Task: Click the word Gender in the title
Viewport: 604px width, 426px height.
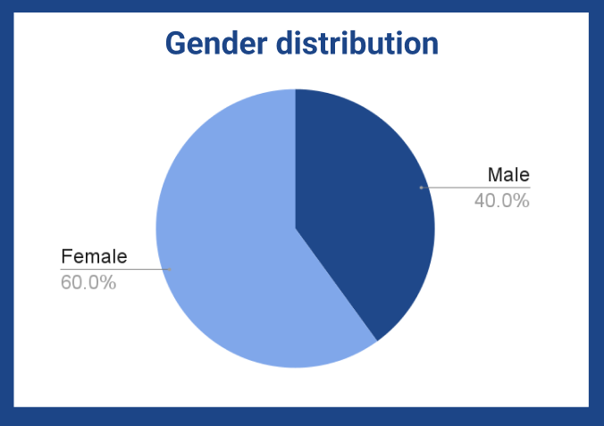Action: pos(216,43)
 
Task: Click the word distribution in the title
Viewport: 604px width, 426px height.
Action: pos(357,43)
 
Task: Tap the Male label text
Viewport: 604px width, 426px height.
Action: pos(508,174)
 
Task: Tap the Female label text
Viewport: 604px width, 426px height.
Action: pos(94,256)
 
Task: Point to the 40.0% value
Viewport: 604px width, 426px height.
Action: pos(502,201)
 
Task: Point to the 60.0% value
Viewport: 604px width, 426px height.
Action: pos(88,282)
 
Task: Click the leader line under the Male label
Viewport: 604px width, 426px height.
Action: pos(475,188)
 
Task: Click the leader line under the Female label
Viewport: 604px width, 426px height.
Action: pos(115,269)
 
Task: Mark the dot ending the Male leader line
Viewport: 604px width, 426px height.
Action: pos(421,188)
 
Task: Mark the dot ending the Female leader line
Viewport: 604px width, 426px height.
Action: pos(170,269)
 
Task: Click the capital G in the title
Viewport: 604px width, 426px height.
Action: pos(175,43)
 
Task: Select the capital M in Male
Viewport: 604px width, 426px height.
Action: pos(495,174)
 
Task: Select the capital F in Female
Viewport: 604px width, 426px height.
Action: pos(67,256)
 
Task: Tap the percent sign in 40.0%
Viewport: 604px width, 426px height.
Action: pos(522,201)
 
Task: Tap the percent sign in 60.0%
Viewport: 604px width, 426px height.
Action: pos(108,282)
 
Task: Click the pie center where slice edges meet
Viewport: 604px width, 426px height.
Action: pos(296,229)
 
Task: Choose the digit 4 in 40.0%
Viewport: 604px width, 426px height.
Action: pos(480,201)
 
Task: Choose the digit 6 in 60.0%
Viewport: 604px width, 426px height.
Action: pos(66,282)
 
